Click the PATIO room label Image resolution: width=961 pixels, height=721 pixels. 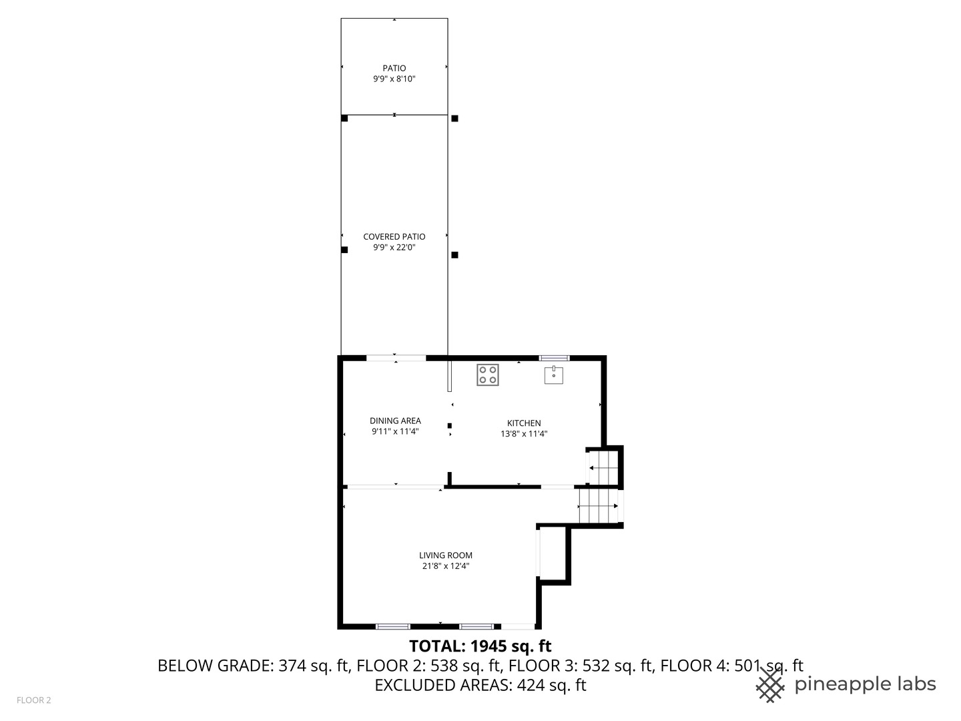[x=394, y=68]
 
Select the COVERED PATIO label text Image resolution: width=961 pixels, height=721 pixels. [x=394, y=236]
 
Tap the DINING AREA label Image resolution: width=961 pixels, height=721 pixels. [x=395, y=421]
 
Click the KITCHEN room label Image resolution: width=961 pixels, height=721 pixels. [x=524, y=423]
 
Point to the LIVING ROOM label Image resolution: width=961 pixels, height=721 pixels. [x=445, y=555]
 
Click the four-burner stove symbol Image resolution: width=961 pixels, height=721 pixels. [x=488, y=375]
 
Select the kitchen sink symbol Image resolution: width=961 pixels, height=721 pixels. [x=554, y=375]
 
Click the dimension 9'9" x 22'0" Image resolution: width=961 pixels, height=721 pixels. [x=394, y=248]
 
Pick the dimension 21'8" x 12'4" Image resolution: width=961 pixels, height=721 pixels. [x=445, y=566]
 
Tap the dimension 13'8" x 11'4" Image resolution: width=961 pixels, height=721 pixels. [x=524, y=434]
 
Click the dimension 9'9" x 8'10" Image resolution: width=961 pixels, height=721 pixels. [x=394, y=79]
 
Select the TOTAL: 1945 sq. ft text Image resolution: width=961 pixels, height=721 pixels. [x=480, y=646]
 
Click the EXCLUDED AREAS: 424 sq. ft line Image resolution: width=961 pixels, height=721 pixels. [x=480, y=685]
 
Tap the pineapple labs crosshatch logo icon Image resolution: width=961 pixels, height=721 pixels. [x=770, y=685]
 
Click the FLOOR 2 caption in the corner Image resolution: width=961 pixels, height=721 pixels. [x=33, y=700]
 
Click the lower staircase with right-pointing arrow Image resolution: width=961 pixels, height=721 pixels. [x=598, y=506]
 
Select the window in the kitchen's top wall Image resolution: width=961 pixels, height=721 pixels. [x=554, y=358]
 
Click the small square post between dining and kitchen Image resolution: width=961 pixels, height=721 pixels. [x=450, y=425]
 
